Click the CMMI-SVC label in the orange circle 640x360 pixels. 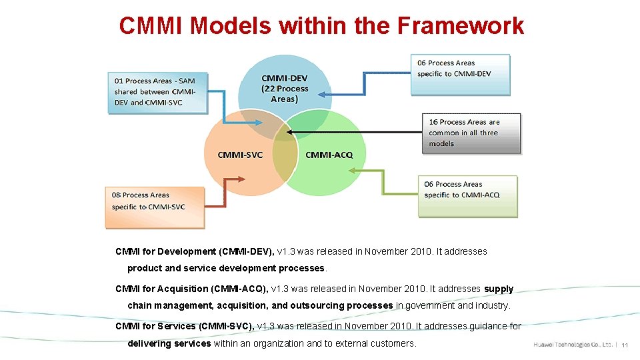[240, 155]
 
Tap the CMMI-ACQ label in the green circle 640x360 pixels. [329, 155]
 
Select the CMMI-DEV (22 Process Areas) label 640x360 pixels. [285, 88]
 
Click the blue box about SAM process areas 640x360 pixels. [157, 92]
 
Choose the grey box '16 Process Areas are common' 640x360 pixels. [471, 133]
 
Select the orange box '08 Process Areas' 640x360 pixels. [155, 207]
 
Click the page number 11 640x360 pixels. [625, 345]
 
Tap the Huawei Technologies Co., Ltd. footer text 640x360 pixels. [573, 345]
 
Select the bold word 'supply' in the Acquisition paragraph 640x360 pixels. [499, 289]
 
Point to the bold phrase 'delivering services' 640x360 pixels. [169, 343]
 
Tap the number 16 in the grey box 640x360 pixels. [433, 122]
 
